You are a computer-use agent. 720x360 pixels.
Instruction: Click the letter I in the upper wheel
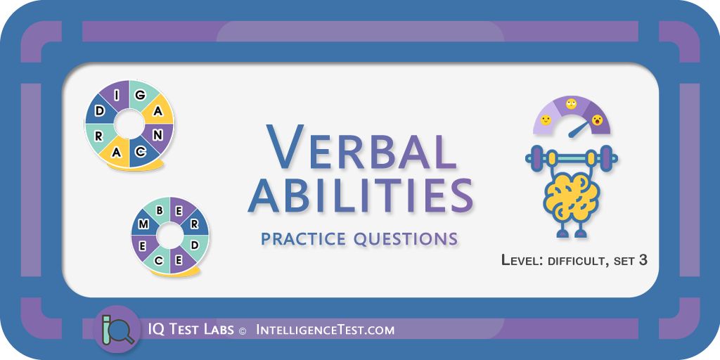tap(117, 96)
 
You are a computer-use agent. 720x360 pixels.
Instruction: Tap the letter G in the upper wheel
tap(141, 96)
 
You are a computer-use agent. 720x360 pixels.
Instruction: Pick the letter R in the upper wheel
tap(98, 136)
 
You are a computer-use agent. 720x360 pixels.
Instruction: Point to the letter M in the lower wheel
tap(143, 224)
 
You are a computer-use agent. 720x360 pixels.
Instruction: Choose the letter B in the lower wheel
tap(160, 211)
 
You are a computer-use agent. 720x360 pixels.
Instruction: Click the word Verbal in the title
tap(361, 146)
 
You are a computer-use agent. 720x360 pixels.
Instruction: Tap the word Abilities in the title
tap(361, 195)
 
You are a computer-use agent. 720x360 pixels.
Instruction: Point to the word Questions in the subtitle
tap(406, 239)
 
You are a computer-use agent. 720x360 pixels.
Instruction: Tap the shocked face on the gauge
tap(597, 120)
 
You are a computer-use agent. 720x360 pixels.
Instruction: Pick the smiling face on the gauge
tap(546, 120)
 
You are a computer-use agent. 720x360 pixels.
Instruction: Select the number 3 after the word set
tap(643, 260)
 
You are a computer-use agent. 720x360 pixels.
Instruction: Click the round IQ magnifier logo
tap(117, 329)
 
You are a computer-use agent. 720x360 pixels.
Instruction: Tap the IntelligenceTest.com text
tap(325, 330)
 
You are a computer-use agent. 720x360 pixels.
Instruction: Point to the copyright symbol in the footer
tap(243, 330)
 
